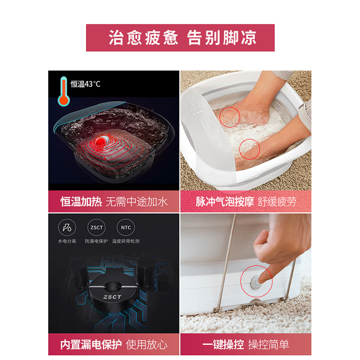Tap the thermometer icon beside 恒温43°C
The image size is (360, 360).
point(63,91)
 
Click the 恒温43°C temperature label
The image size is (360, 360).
point(85,84)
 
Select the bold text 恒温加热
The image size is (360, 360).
point(81,202)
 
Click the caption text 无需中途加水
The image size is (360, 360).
point(137,202)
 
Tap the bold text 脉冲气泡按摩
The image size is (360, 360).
point(225,202)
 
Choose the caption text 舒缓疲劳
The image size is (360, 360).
point(277,202)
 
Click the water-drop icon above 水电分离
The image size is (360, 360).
point(67,228)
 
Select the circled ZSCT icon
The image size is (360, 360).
point(96,228)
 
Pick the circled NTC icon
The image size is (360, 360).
point(126,228)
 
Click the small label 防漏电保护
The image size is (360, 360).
point(96,241)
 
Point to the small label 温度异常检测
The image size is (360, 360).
point(126,241)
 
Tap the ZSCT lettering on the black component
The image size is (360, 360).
point(112,297)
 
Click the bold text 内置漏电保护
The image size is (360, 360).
point(91,345)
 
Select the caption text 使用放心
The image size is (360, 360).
point(147,345)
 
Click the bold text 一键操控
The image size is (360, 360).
point(223,345)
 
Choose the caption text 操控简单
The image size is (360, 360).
point(268,345)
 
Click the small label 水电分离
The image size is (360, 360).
point(67,241)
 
